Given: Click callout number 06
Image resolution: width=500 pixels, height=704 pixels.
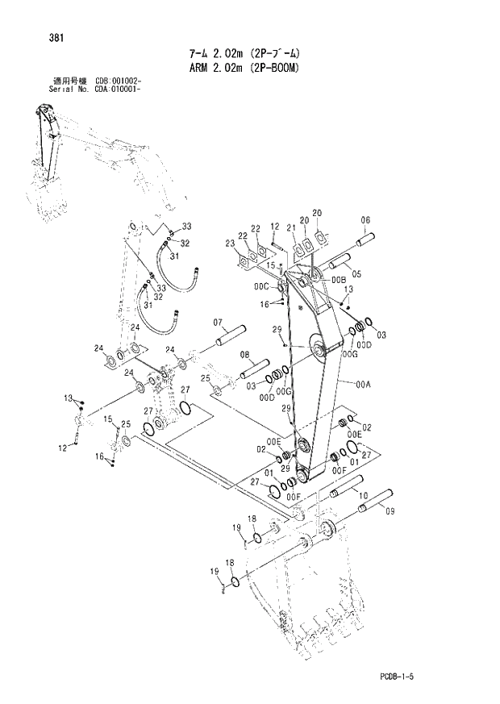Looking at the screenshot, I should click(365, 219).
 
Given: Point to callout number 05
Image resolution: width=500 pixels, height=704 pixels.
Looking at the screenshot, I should click(356, 274).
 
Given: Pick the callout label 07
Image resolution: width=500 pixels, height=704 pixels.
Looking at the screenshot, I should click(218, 323).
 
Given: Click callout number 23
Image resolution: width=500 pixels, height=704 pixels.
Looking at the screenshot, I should click(230, 243).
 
